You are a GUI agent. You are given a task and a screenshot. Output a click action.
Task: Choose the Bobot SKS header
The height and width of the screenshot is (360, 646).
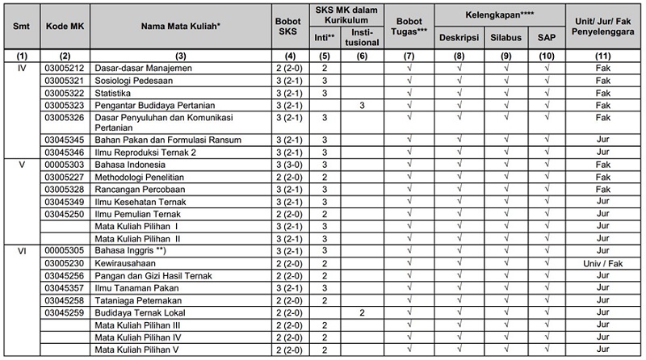click(x=284, y=26)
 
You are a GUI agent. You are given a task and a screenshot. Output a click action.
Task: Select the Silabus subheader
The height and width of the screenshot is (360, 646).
click(x=505, y=38)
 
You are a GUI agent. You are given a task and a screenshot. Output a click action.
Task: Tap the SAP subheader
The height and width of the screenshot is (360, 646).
click(x=547, y=38)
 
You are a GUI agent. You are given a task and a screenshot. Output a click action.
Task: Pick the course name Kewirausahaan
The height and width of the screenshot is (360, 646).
click(x=126, y=263)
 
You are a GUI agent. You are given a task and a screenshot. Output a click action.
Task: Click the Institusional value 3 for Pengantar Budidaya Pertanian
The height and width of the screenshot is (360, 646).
click(x=363, y=106)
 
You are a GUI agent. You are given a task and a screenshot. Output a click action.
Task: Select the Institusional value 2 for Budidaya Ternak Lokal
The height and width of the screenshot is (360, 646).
click(x=363, y=312)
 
